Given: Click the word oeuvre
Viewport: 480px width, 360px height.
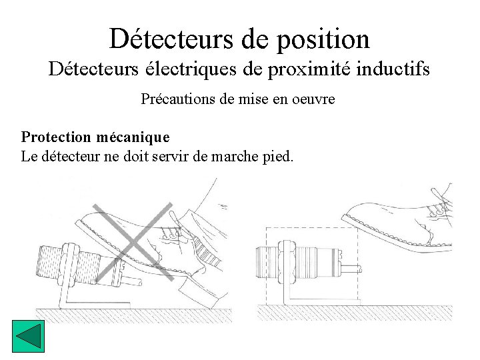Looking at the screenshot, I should [313, 99].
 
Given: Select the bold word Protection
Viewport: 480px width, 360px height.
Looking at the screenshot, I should [55, 137].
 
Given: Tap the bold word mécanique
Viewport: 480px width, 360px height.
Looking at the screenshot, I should [133, 137].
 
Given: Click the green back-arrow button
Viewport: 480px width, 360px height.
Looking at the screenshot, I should [28, 337].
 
